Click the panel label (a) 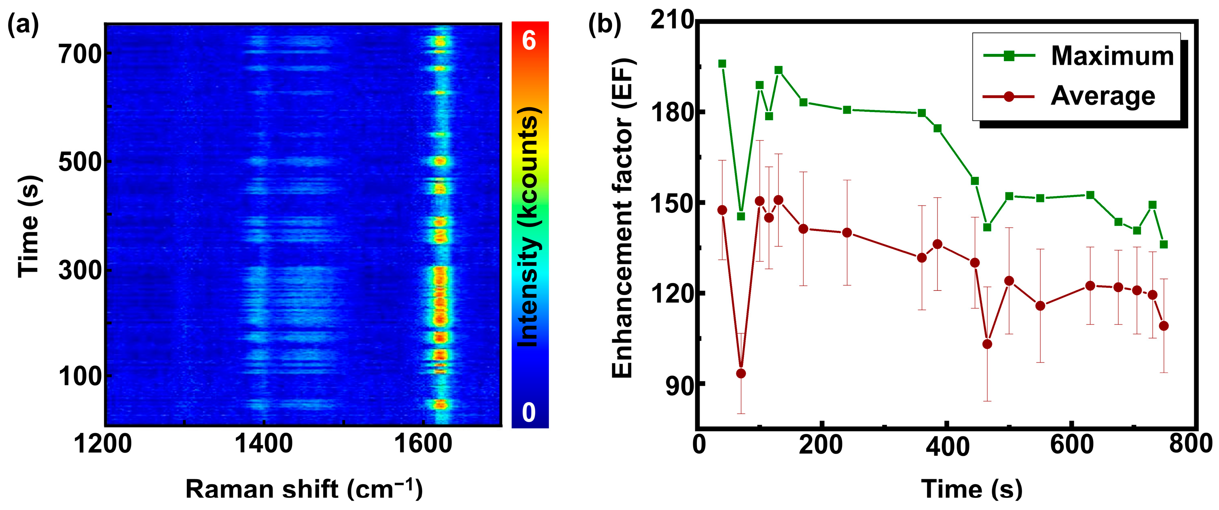coord(23,25)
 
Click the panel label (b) coord(604,25)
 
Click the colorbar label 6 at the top coord(529,41)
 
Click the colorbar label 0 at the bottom coord(529,412)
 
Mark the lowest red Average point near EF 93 coord(741,374)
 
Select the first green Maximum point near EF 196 coord(722,64)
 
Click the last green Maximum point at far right coord(1164,244)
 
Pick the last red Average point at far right coord(1164,326)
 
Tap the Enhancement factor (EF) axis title coord(622,218)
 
